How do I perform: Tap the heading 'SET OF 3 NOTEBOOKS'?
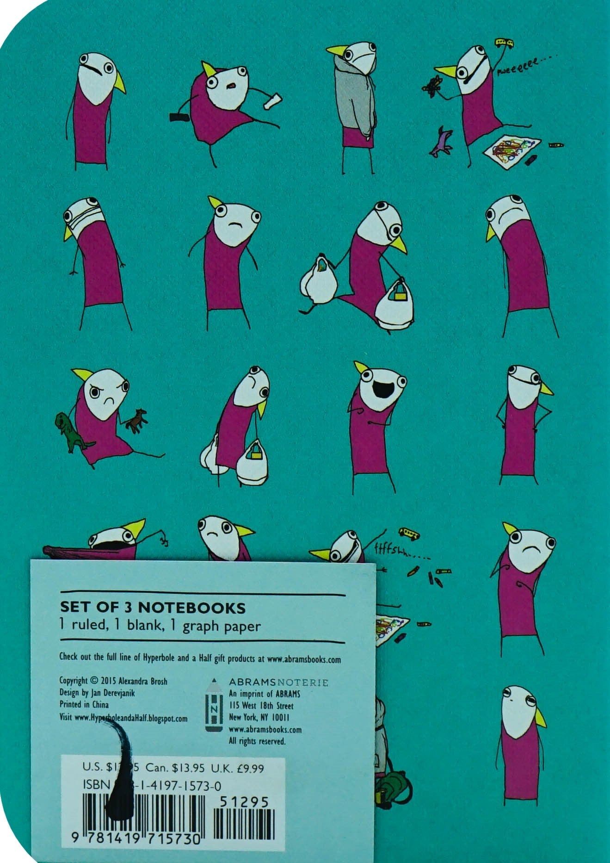coord(153,607)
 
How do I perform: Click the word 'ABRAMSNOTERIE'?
coord(278,683)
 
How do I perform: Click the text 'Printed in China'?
coord(84,705)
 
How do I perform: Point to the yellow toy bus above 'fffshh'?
coord(409,534)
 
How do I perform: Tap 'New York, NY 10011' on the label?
coord(259,718)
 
